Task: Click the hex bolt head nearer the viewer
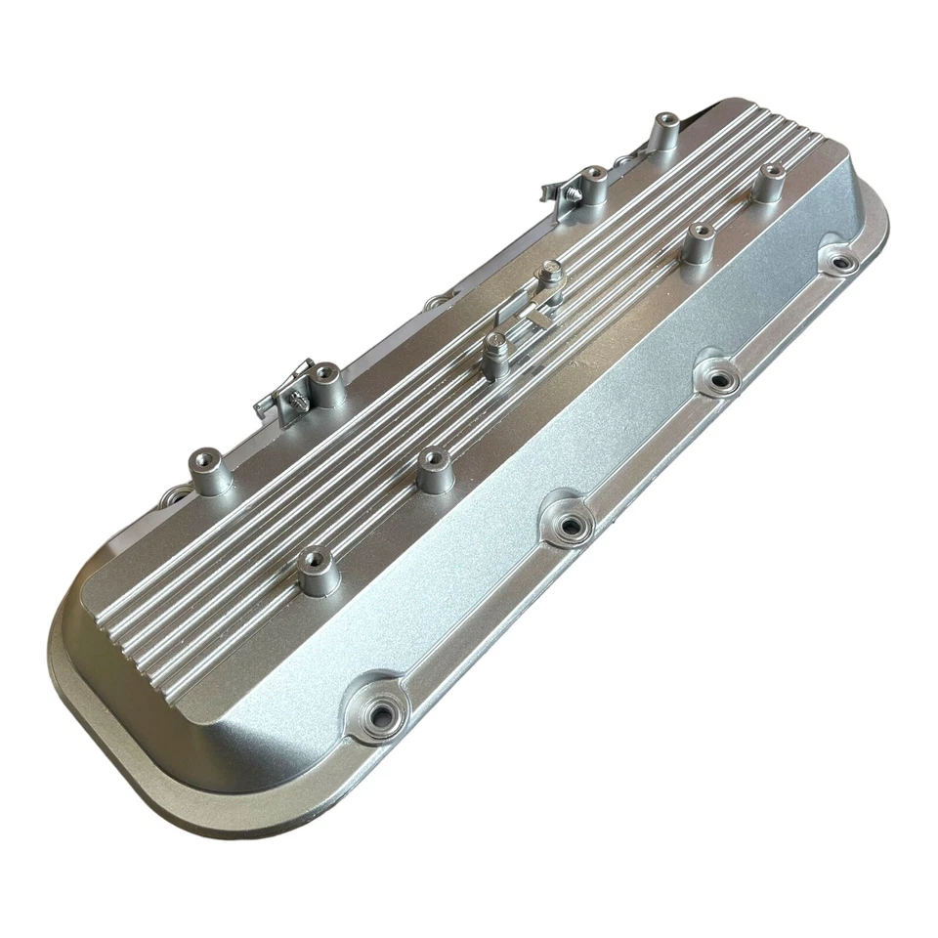tap(494, 342)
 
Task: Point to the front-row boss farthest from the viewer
tap(772, 172)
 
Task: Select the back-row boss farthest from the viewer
tap(666, 121)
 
